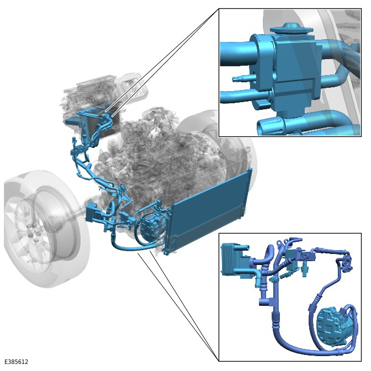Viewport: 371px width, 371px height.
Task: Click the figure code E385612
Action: click(17, 362)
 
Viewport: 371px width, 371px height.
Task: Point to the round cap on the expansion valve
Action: click(291, 28)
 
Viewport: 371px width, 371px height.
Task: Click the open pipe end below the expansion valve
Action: click(270, 127)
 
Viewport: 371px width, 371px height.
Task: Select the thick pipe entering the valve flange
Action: click(238, 54)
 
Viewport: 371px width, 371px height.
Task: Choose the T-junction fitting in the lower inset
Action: click(267, 301)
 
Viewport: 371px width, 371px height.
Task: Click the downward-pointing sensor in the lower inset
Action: click(305, 270)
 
